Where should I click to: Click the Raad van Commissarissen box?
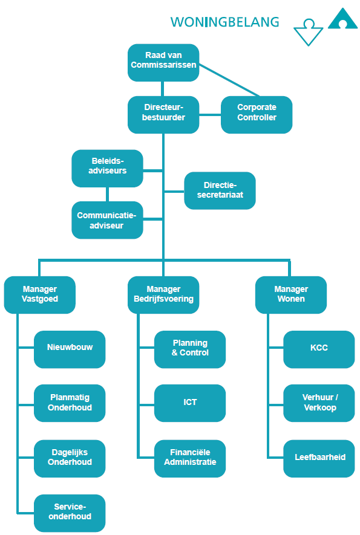click(163, 63)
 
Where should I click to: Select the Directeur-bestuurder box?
click(163, 115)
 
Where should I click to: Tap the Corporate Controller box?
click(257, 115)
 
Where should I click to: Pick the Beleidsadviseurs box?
click(107, 169)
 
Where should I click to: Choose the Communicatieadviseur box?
click(107, 220)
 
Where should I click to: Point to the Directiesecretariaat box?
click(220, 191)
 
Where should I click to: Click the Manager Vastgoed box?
click(39, 295)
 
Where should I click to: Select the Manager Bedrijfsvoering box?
click(163, 295)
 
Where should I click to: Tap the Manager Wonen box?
click(291, 295)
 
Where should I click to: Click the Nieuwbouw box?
click(70, 349)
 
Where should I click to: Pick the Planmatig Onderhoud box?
click(70, 403)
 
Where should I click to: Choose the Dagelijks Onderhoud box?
click(70, 459)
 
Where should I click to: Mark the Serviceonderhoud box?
click(70, 513)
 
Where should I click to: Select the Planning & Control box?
click(190, 349)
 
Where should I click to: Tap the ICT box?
click(190, 403)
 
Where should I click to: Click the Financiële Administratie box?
click(190, 459)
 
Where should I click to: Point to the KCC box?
click(319, 349)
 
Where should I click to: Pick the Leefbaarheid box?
click(319, 459)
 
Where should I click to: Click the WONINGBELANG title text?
click(224, 22)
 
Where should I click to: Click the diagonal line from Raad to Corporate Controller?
click(229, 80)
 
